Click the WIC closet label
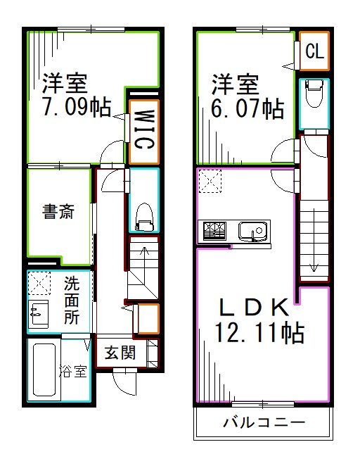[x=143, y=127]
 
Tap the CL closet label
[x=314, y=51]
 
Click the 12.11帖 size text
[x=260, y=332]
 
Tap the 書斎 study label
[x=58, y=211]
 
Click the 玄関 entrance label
[x=120, y=353]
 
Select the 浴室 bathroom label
[x=72, y=371]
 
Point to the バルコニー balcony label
[x=264, y=423]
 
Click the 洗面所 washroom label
[x=72, y=301]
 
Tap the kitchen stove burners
[x=214, y=230]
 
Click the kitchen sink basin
[x=251, y=230]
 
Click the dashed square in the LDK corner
[x=210, y=182]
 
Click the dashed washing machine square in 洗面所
[x=39, y=284]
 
